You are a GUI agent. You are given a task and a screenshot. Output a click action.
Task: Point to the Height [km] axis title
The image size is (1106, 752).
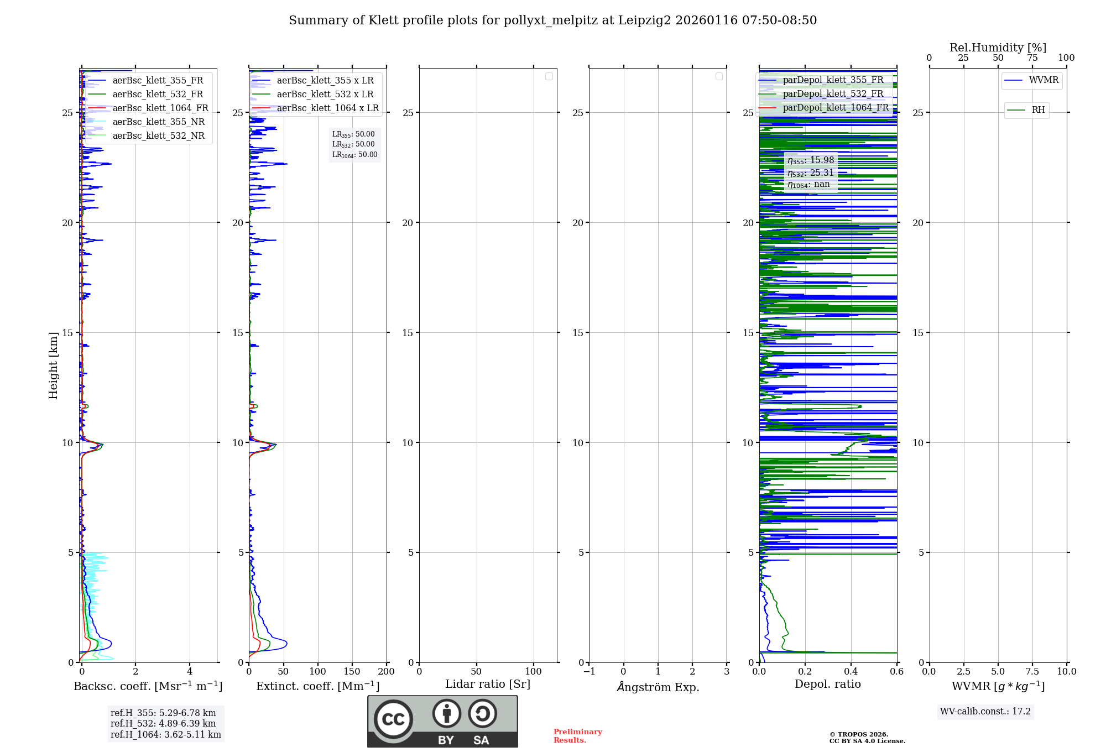click(x=53, y=365)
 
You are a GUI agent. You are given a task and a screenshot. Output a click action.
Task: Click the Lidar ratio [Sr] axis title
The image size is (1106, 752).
click(x=487, y=684)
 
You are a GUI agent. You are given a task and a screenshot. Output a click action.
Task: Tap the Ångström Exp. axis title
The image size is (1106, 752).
click(x=658, y=687)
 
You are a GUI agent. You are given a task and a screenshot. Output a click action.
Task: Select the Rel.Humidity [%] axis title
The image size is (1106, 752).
click(x=998, y=48)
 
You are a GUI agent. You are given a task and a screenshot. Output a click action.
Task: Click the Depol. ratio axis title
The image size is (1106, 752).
click(x=827, y=684)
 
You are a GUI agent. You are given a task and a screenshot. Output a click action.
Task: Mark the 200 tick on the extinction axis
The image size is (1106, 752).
click(x=386, y=671)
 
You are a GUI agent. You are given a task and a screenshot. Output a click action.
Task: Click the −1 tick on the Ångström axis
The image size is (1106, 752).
click(x=589, y=671)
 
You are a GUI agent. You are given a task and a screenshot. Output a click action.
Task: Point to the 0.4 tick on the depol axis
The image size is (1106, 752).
click(x=851, y=671)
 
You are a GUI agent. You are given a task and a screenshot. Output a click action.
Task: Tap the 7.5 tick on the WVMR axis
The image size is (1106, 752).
click(x=1032, y=671)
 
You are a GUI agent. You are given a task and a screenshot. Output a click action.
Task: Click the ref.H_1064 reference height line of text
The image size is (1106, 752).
click(x=165, y=734)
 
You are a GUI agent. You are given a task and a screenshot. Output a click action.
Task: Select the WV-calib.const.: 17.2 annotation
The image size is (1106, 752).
click(x=985, y=711)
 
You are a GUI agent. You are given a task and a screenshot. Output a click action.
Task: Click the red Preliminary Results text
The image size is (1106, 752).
click(x=577, y=735)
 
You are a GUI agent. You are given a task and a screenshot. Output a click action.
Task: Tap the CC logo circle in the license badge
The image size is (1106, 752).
click(x=393, y=719)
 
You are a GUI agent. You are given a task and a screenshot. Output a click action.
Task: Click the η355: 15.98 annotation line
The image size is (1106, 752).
click(x=811, y=160)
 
